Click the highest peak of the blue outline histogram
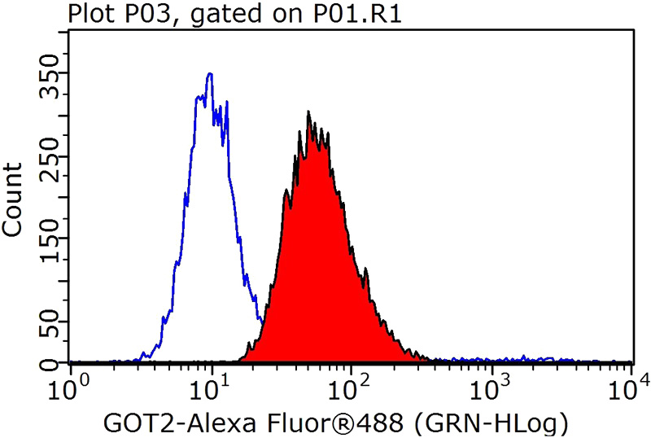click(x=210, y=74)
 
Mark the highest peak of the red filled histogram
click(x=308, y=112)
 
